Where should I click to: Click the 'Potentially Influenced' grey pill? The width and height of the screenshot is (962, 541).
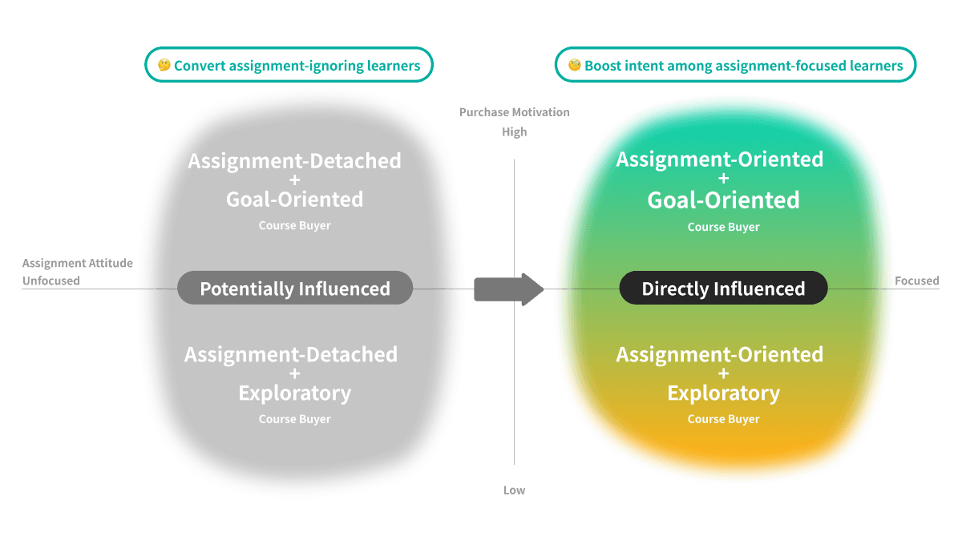294,289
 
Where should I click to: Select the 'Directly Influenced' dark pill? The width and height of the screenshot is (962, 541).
723,289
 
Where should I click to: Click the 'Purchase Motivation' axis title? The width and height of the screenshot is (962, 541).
514,112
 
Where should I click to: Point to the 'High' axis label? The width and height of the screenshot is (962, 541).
514,132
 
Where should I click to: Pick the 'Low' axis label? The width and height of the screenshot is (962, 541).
514,490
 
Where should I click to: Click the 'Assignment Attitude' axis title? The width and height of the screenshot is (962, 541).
78,263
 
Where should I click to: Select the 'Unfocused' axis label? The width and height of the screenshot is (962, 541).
51,281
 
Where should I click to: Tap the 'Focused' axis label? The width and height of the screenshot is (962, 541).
917,281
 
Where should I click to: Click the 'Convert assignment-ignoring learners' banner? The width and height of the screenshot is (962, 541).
289,66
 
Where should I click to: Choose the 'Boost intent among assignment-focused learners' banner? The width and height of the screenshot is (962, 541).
735,66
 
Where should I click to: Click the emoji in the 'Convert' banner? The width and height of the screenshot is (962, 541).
164,66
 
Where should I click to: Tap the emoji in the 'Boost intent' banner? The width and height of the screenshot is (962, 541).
574,66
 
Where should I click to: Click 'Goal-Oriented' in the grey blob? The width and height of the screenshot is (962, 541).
294,199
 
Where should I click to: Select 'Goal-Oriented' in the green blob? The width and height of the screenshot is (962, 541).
723,200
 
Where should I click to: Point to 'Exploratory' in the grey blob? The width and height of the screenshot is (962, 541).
294,394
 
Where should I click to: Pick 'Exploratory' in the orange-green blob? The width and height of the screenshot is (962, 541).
723,394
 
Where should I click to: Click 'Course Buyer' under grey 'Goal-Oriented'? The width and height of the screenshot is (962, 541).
294,226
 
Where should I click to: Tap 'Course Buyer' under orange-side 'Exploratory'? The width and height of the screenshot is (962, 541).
723,419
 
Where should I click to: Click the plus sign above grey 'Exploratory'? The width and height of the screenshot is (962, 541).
294,373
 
